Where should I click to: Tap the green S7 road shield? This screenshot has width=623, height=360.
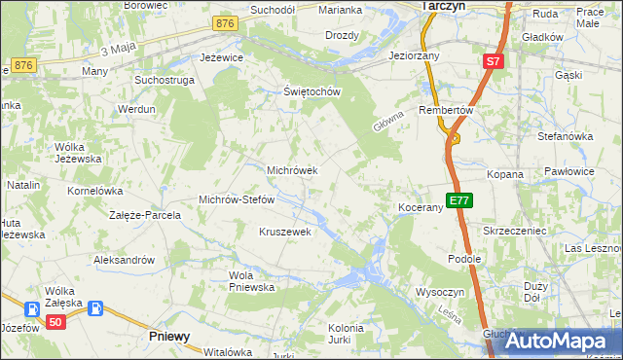pyautogui.click(x=494, y=61)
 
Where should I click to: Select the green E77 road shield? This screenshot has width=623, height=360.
pyautogui.click(x=459, y=201)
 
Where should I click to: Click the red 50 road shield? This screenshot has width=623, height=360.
pyautogui.click(x=56, y=323)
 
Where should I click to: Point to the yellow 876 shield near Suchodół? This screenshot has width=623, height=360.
pyautogui.click(x=226, y=23)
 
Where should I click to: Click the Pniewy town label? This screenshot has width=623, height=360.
pyautogui.click(x=169, y=336)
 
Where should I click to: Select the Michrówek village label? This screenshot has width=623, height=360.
pyautogui.click(x=292, y=170)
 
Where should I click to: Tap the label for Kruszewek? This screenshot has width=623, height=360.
pyautogui.click(x=284, y=232)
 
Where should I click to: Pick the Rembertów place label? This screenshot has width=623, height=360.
pyautogui.click(x=446, y=111)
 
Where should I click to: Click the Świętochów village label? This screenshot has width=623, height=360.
pyautogui.click(x=311, y=92)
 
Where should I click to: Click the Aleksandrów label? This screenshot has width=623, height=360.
pyautogui.click(x=124, y=260)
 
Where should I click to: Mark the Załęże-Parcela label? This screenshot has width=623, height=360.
pyautogui.click(x=145, y=215)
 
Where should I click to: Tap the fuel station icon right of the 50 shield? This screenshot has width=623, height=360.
pyautogui.click(x=95, y=309)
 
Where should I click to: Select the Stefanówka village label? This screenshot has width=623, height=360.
pyautogui.click(x=565, y=136)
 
